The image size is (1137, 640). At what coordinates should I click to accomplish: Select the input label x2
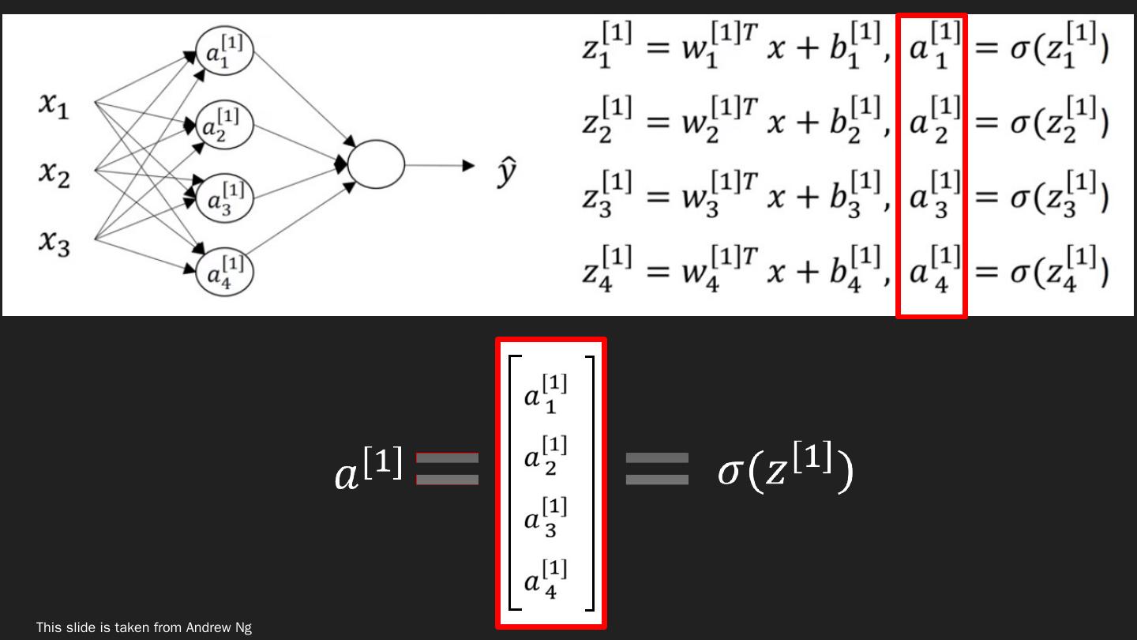[54, 173]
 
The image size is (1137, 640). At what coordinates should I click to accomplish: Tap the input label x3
[54, 240]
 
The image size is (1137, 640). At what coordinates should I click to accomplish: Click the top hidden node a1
[225, 52]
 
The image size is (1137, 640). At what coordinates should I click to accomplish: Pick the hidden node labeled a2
[225, 126]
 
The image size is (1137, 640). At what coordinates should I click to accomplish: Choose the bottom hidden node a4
[225, 271]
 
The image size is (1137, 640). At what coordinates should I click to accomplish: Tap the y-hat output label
[507, 171]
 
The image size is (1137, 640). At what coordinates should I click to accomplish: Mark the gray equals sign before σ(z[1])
[657, 469]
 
